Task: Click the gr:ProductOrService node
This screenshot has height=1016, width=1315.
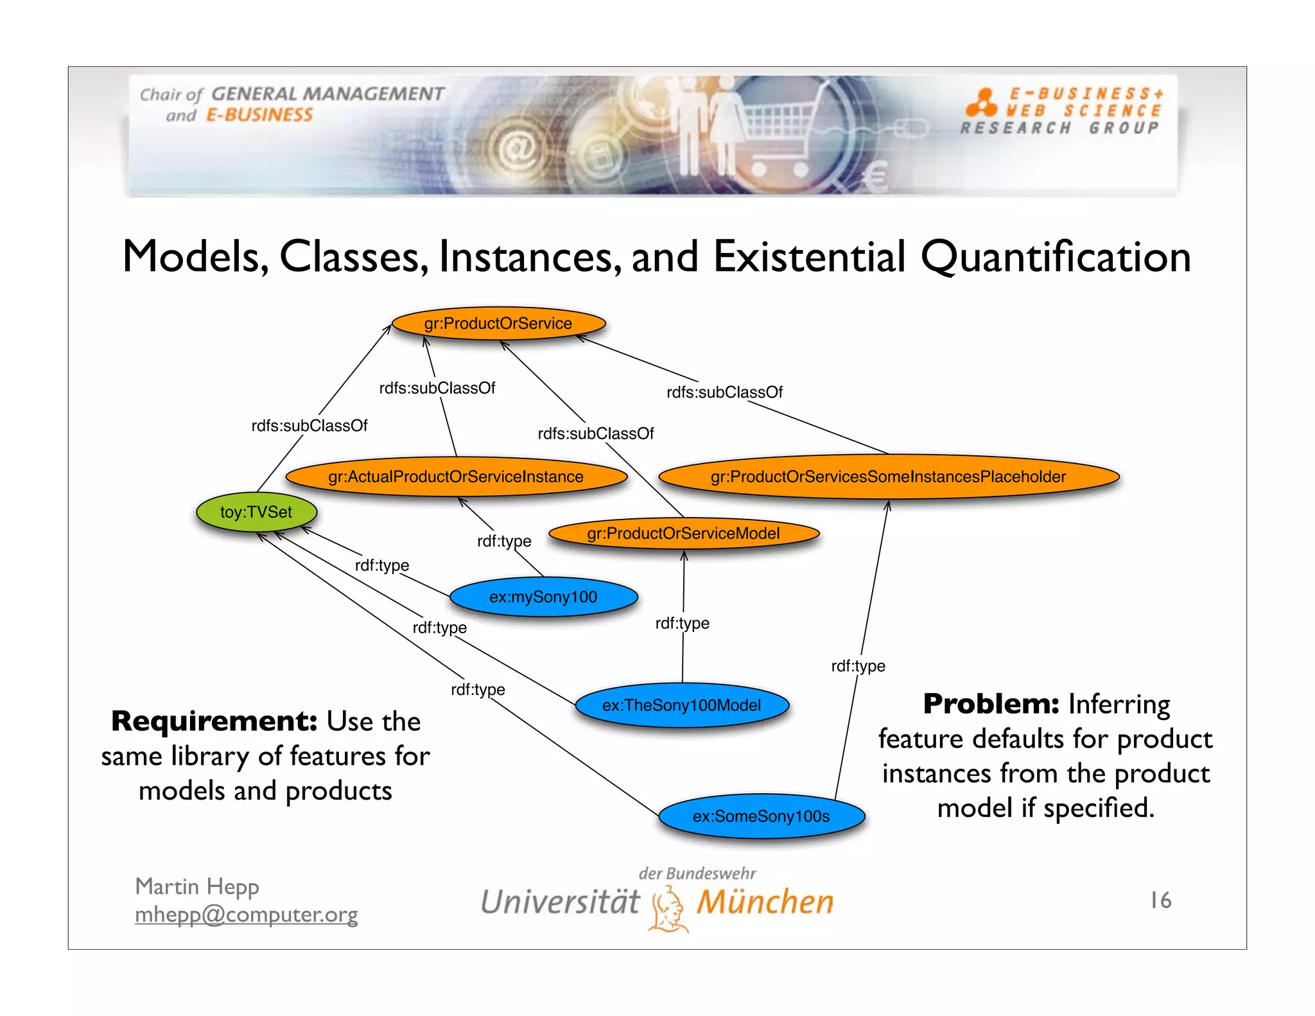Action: tap(498, 323)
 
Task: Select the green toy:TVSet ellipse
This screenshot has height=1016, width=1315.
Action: tap(256, 512)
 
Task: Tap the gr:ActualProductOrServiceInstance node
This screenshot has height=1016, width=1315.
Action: tap(456, 477)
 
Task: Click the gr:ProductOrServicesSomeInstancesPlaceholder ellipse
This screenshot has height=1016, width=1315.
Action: tap(888, 477)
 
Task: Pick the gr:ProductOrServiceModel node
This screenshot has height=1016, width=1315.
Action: tap(683, 533)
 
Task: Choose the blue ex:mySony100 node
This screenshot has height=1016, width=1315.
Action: tap(543, 597)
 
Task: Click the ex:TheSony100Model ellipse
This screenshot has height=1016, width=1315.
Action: tap(681, 705)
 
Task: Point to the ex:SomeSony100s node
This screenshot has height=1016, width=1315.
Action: tap(761, 816)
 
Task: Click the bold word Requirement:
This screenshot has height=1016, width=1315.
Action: tap(214, 721)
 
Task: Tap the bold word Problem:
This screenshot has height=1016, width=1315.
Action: tap(991, 704)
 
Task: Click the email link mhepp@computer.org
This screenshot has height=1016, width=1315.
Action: tap(246, 914)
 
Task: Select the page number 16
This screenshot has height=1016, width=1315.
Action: tap(1160, 900)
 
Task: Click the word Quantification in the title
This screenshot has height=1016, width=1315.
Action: tap(1055, 257)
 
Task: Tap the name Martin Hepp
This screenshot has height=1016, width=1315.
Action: tap(197, 886)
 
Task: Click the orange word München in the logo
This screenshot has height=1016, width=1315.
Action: tap(765, 902)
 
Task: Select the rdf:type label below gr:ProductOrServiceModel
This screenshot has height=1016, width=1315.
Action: tap(682, 623)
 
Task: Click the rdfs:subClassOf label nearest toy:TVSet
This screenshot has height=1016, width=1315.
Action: tap(309, 426)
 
